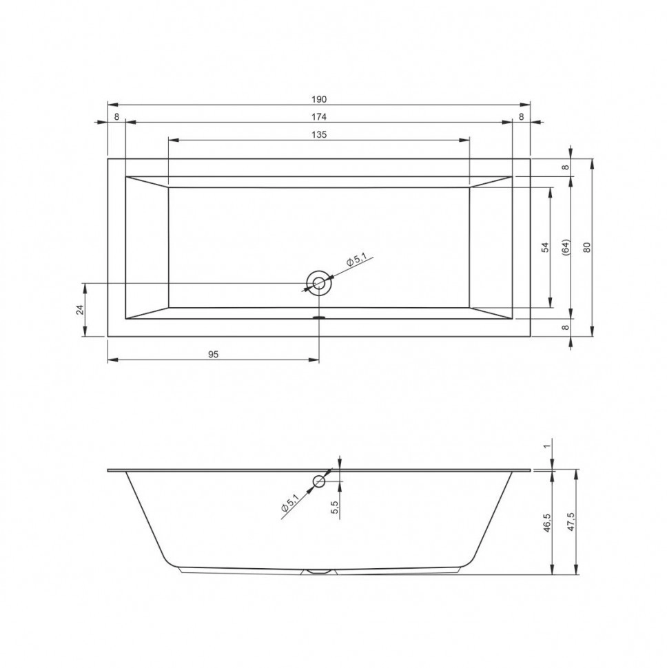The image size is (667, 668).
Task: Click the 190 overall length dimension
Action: click(x=319, y=99)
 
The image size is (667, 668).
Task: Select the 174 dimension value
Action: click(x=319, y=117)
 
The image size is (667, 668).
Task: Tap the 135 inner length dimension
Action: click(x=319, y=134)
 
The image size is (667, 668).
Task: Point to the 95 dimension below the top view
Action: click(x=213, y=354)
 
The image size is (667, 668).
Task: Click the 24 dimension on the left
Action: click(x=80, y=310)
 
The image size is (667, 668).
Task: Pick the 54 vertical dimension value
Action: click(x=545, y=247)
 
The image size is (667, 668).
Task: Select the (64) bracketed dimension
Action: click(x=566, y=247)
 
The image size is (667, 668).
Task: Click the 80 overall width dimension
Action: click(x=587, y=247)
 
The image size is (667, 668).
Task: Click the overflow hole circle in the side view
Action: click(x=319, y=482)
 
